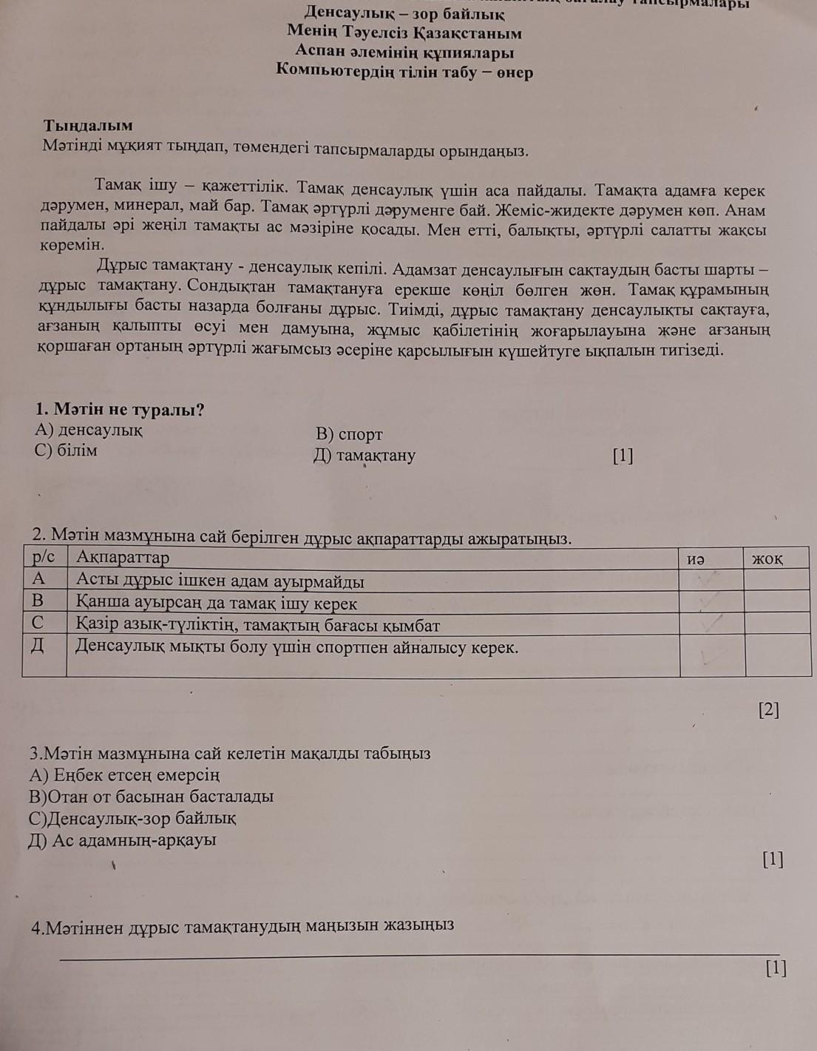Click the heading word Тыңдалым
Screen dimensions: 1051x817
(88, 125)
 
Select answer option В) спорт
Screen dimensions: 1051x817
(349, 434)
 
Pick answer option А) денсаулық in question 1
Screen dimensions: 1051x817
(89, 430)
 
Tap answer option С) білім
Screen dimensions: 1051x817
(66, 450)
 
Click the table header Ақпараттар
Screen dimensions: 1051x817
(123, 557)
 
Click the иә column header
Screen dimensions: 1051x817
(695, 558)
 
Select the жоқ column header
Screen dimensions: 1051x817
(767, 558)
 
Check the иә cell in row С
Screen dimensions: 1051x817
(711, 623)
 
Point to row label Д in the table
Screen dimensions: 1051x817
(38, 646)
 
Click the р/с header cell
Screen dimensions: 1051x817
(44, 556)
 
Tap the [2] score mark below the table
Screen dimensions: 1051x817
(769, 710)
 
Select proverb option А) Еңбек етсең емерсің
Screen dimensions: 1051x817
(124, 775)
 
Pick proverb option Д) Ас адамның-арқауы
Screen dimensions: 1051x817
(122, 840)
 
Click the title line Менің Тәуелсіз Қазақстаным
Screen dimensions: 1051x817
(404, 33)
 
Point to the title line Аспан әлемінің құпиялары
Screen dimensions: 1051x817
(404, 53)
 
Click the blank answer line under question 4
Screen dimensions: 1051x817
(418, 954)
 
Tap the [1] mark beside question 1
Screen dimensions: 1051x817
(623, 456)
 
